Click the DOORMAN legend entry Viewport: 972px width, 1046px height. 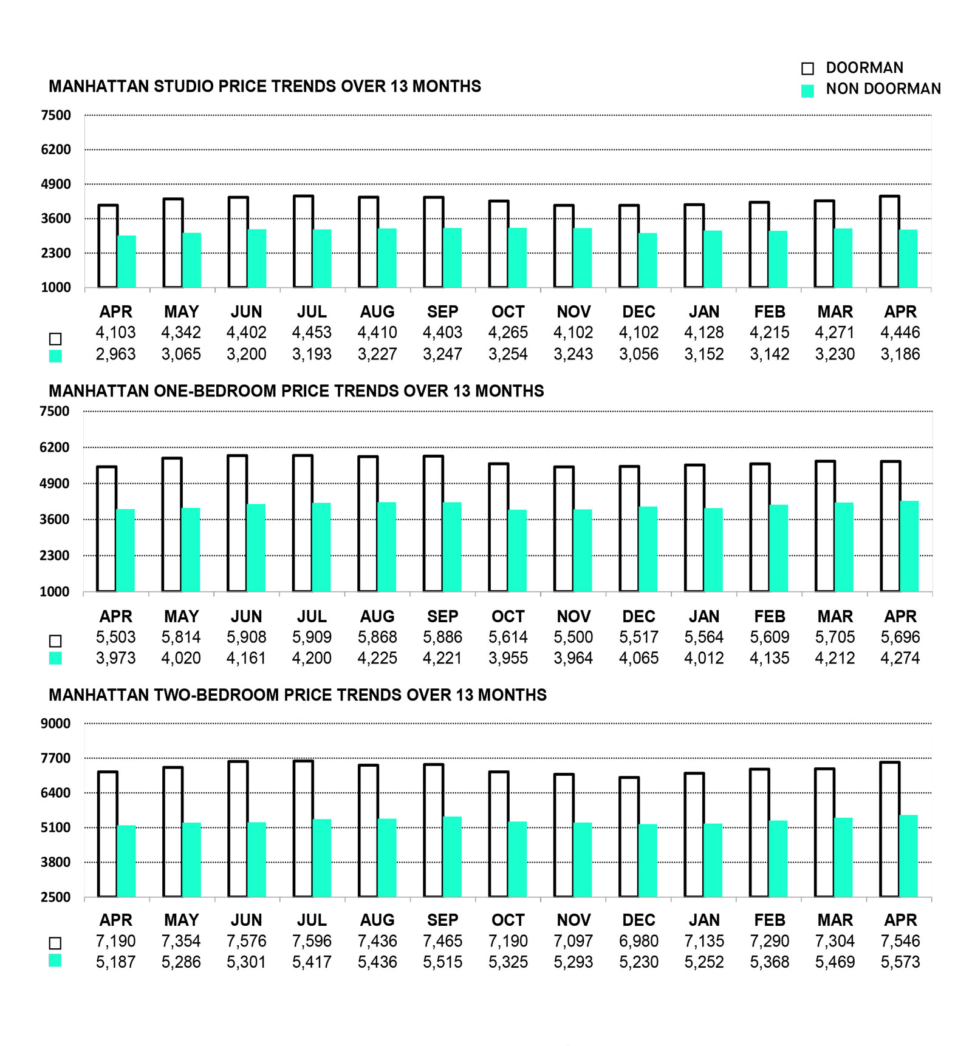point(852,67)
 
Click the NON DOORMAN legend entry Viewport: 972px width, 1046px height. point(871,89)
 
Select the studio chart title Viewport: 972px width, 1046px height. point(265,86)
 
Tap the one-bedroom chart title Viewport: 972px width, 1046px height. point(296,391)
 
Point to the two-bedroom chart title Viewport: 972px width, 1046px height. point(298,695)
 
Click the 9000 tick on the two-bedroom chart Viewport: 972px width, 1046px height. point(56,724)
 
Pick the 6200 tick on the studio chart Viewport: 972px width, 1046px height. point(56,149)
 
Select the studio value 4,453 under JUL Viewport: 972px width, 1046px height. point(312,333)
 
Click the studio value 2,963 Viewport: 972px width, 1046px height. point(115,354)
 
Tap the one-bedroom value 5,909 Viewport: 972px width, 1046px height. point(312,637)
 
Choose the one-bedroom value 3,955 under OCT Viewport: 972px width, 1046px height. point(508,658)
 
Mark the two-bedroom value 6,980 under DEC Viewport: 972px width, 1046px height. point(638,942)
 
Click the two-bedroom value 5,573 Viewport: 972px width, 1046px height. point(900,962)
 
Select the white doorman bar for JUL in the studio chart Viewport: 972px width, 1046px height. point(304,242)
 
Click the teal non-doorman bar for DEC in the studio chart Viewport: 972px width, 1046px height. point(648,260)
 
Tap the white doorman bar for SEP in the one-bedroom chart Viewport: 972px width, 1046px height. point(434,523)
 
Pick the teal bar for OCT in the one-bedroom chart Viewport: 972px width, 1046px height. point(517,551)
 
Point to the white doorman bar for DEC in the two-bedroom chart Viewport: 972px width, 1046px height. point(629,837)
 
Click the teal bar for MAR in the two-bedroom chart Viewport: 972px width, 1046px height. point(843,858)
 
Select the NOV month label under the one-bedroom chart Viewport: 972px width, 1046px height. point(573,617)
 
